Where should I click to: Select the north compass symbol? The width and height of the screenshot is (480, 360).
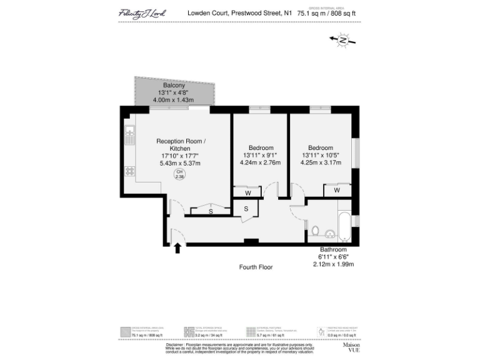pos(342,41)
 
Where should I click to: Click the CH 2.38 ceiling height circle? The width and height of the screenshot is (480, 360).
pos(179,174)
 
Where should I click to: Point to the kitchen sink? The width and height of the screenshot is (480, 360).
pos(130,133)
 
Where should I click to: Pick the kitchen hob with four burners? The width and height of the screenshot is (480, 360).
pos(130,170)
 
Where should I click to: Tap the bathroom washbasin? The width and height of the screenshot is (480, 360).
pos(329,232)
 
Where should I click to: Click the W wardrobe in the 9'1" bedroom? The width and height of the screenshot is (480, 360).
pos(247,192)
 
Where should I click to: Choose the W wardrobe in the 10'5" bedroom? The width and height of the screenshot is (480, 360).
pos(336,189)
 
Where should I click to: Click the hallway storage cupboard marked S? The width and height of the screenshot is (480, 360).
pos(246,208)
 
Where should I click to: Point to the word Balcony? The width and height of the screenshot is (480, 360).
pos(174,85)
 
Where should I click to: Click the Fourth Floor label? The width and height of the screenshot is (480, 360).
pos(256,267)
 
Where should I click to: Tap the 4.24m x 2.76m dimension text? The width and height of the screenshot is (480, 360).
pos(261,162)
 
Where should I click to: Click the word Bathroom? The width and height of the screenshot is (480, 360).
pos(333,249)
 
